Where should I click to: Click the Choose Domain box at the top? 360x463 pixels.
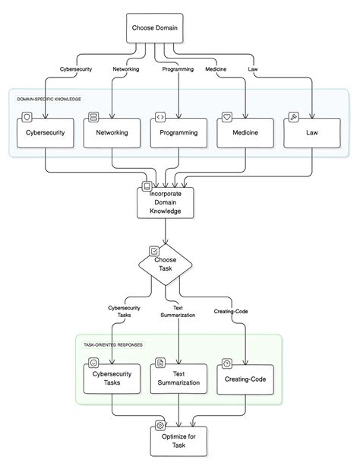click(x=154, y=28)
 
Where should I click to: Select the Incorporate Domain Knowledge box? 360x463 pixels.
click(x=165, y=203)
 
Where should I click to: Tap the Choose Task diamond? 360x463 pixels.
click(x=165, y=264)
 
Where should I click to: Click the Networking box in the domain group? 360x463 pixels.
click(x=112, y=132)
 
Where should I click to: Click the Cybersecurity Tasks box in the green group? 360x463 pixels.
click(x=112, y=378)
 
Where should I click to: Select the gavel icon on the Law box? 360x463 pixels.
click(x=292, y=117)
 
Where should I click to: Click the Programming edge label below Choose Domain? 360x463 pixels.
click(x=178, y=71)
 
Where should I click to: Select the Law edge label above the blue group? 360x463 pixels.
click(x=254, y=71)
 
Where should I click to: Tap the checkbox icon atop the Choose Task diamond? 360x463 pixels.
click(x=154, y=249)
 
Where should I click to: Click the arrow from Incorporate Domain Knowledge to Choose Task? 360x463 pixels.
click(x=165, y=233)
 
